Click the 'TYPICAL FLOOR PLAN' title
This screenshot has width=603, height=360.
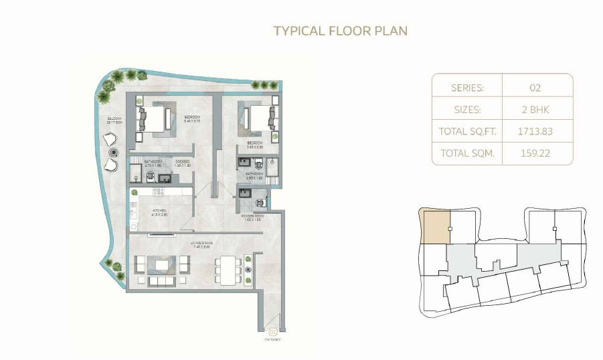tap(341, 31)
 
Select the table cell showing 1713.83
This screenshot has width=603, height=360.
tap(535, 131)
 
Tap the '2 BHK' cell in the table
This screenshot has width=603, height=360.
tap(535, 109)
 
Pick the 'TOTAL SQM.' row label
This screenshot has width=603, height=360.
tap(467, 153)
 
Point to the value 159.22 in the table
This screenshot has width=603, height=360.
tap(535, 153)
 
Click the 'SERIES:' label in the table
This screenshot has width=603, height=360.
tap(467, 88)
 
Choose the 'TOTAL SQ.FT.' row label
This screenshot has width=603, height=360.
tap(467, 131)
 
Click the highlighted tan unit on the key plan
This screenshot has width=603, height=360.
tap(434, 226)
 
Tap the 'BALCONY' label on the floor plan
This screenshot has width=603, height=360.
tap(114, 120)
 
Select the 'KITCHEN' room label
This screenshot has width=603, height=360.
tap(159, 211)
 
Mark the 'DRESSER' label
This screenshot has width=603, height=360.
tap(183, 162)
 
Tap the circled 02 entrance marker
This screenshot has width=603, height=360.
tap(272, 331)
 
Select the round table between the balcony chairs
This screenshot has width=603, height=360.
tap(112, 152)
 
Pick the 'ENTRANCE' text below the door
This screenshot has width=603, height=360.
tap(272, 339)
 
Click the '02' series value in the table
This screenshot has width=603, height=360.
tap(535, 88)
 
